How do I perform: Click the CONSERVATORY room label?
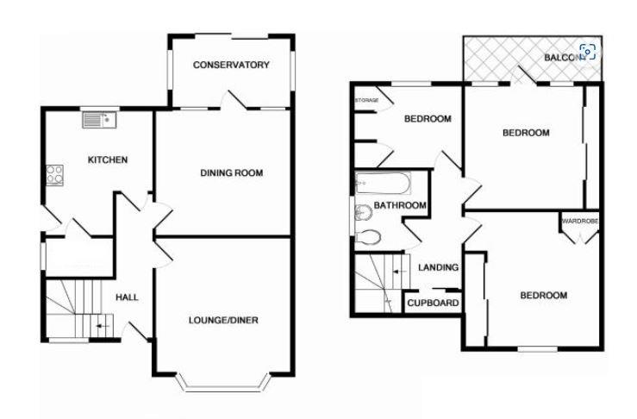tap(231, 65)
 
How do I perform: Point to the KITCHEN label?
tap(108, 159)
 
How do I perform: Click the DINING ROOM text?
tap(231, 173)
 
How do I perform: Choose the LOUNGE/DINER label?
tap(224, 321)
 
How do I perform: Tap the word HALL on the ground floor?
tap(127, 297)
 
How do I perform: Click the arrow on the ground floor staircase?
tap(103, 327)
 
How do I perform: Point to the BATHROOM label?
tap(400, 205)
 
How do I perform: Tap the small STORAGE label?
tap(367, 101)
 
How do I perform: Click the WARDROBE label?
tap(579, 222)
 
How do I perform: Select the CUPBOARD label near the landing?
tap(433, 303)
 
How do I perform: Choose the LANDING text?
tap(438, 268)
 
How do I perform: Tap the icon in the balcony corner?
tap(588, 52)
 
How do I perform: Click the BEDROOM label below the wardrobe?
tap(543, 296)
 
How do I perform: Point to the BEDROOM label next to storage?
tap(428, 119)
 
